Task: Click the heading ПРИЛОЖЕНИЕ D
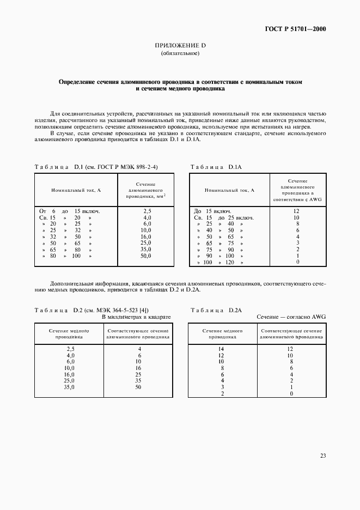(180, 46)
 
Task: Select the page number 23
(322, 456)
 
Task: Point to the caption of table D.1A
(212, 166)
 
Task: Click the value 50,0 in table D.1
(147, 256)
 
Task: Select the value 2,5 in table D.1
(147, 210)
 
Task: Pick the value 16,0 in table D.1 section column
(147, 237)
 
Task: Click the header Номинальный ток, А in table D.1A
(229, 190)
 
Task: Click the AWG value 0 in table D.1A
(297, 262)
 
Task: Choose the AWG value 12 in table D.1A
(297, 210)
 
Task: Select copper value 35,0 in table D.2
(69, 387)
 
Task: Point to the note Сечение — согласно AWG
(291, 317)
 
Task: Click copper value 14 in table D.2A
(221, 349)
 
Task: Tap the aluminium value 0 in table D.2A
(292, 393)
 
